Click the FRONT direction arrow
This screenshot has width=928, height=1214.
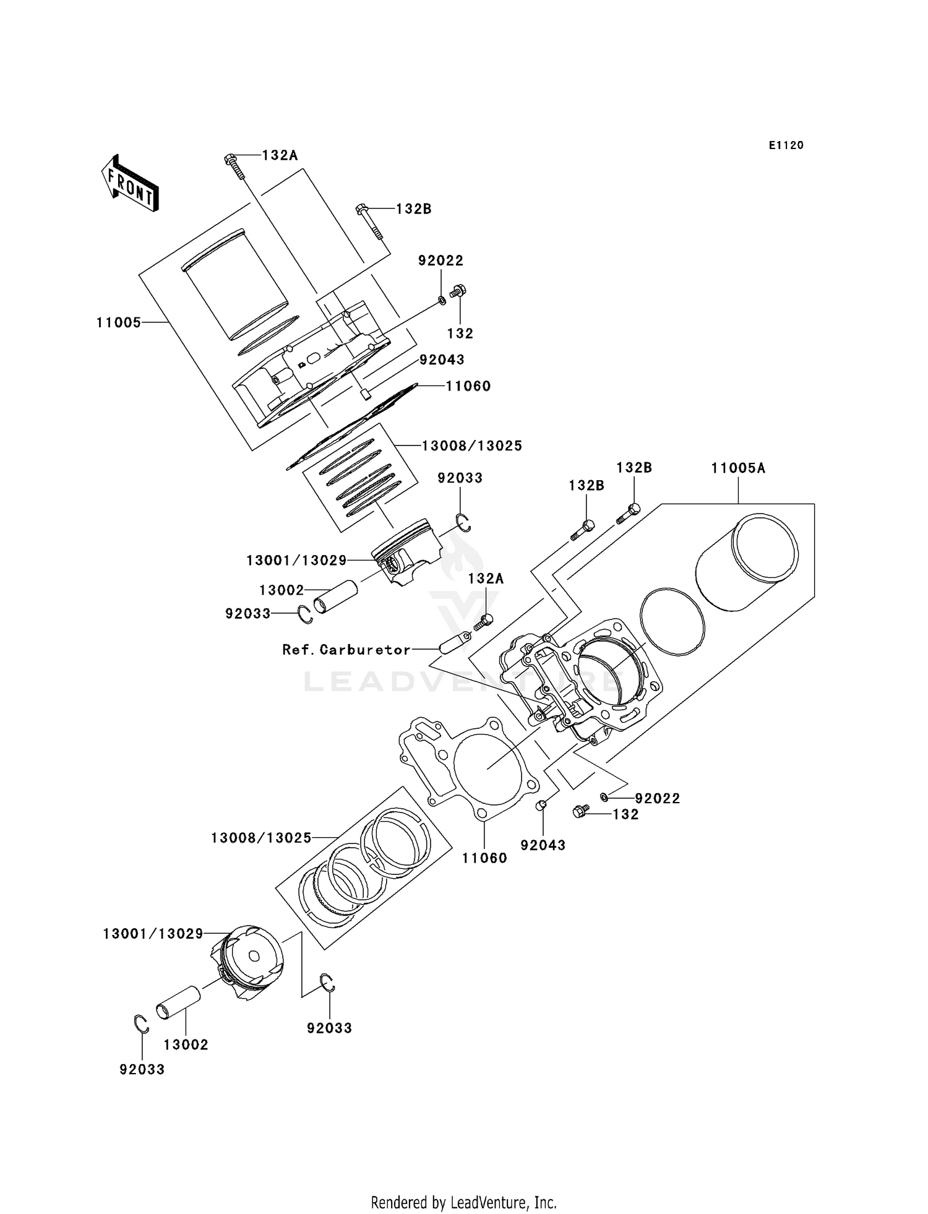[130, 184]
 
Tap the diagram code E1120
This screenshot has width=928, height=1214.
[786, 145]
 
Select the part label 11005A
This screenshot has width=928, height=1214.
[738, 468]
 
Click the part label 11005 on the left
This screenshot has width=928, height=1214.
[119, 322]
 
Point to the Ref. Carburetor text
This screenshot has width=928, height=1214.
[346, 650]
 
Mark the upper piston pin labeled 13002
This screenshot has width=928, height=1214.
[335, 596]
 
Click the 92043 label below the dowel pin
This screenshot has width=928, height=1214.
[543, 845]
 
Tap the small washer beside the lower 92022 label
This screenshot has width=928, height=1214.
[604, 797]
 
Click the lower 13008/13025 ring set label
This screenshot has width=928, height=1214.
[260, 838]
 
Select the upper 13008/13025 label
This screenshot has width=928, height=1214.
[471, 446]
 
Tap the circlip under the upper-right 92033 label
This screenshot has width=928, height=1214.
[463, 523]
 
